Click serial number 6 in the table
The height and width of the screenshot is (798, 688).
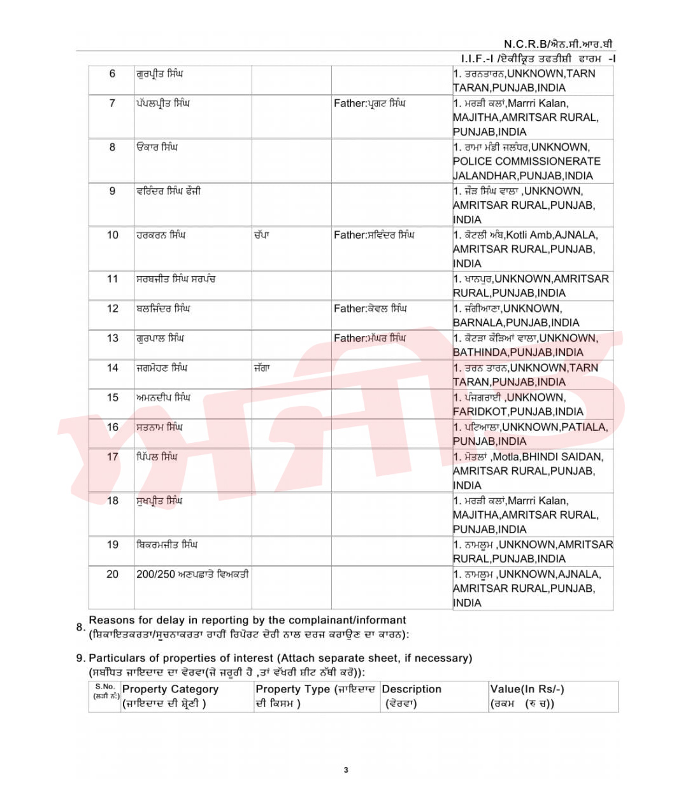point(112,74)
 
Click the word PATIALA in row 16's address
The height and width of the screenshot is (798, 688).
point(584,427)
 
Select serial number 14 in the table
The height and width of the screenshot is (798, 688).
point(112,368)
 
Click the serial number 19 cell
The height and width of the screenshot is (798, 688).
point(112,545)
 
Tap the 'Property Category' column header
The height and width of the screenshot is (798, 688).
point(170,689)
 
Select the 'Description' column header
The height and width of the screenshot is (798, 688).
point(412,689)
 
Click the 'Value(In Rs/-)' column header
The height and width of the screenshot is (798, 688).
point(527,689)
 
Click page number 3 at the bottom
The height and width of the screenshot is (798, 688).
point(346,770)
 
